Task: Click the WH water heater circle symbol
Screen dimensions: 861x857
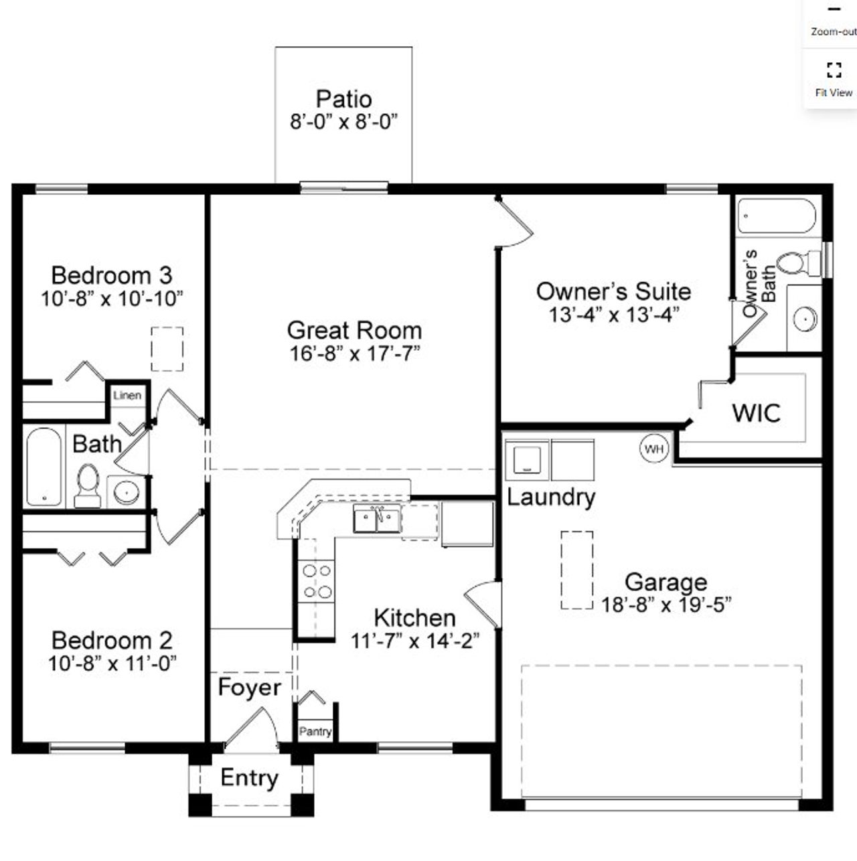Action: click(x=653, y=449)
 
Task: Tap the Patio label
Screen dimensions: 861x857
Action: click(x=343, y=99)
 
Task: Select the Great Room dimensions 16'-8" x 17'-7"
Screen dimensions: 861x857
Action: click(x=354, y=353)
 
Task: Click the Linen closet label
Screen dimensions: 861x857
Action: click(x=127, y=395)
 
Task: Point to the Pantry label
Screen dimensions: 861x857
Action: click(x=315, y=731)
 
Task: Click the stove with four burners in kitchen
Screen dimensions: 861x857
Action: click(x=317, y=581)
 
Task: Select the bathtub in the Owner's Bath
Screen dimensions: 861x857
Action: click(x=777, y=217)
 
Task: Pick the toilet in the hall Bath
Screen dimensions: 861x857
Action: click(x=87, y=485)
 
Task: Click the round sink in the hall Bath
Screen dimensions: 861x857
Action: click(x=127, y=492)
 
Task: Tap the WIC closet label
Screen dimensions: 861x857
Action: click(x=756, y=412)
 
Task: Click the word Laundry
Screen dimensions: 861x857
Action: click(x=550, y=497)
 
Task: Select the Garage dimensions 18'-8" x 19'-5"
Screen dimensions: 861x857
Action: click(x=666, y=605)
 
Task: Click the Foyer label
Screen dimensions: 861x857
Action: click(x=249, y=688)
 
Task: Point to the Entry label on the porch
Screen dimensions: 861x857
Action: click(x=249, y=778)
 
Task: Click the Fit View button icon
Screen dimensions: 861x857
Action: click(x=834, y=70)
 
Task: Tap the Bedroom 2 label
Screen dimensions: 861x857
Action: click(x=112, y=641)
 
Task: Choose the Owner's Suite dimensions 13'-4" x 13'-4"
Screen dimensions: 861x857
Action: click(x=613, y=314)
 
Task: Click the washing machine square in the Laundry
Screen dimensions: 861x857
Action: click(x=527, y=460)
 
